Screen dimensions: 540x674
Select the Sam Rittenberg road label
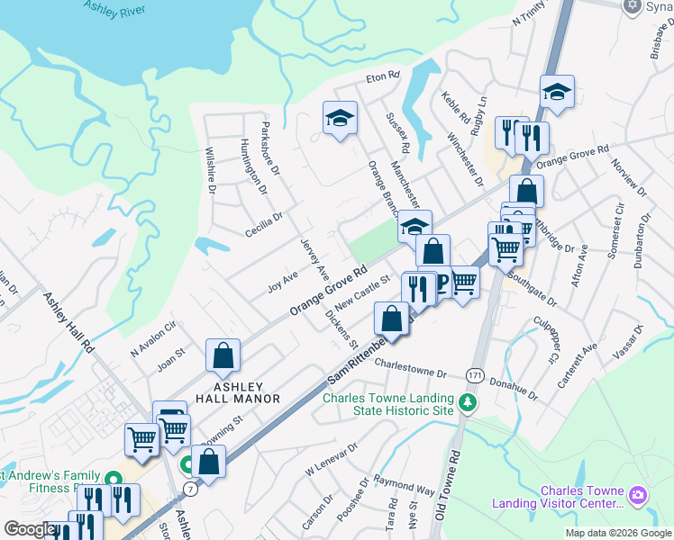tap(359, 364)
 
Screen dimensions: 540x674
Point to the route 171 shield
tap(475, 373)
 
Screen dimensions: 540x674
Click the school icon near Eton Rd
tap(341, 117)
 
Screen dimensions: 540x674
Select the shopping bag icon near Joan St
tap(223, 355)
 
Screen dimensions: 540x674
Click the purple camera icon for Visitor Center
tap(639, 494)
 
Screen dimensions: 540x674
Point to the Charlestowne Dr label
tap(411, 370)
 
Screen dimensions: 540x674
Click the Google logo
tap(29, 529)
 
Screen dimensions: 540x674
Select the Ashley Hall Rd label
tap(68, 321)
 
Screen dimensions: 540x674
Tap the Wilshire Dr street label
tap(211, 171)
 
